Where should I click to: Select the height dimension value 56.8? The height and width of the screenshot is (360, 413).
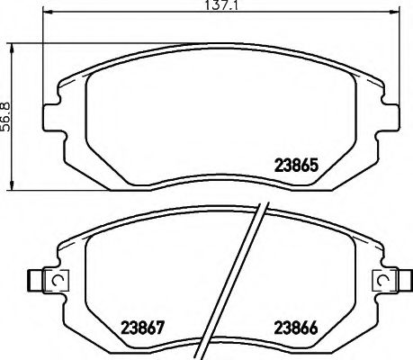tap(7, 114)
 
